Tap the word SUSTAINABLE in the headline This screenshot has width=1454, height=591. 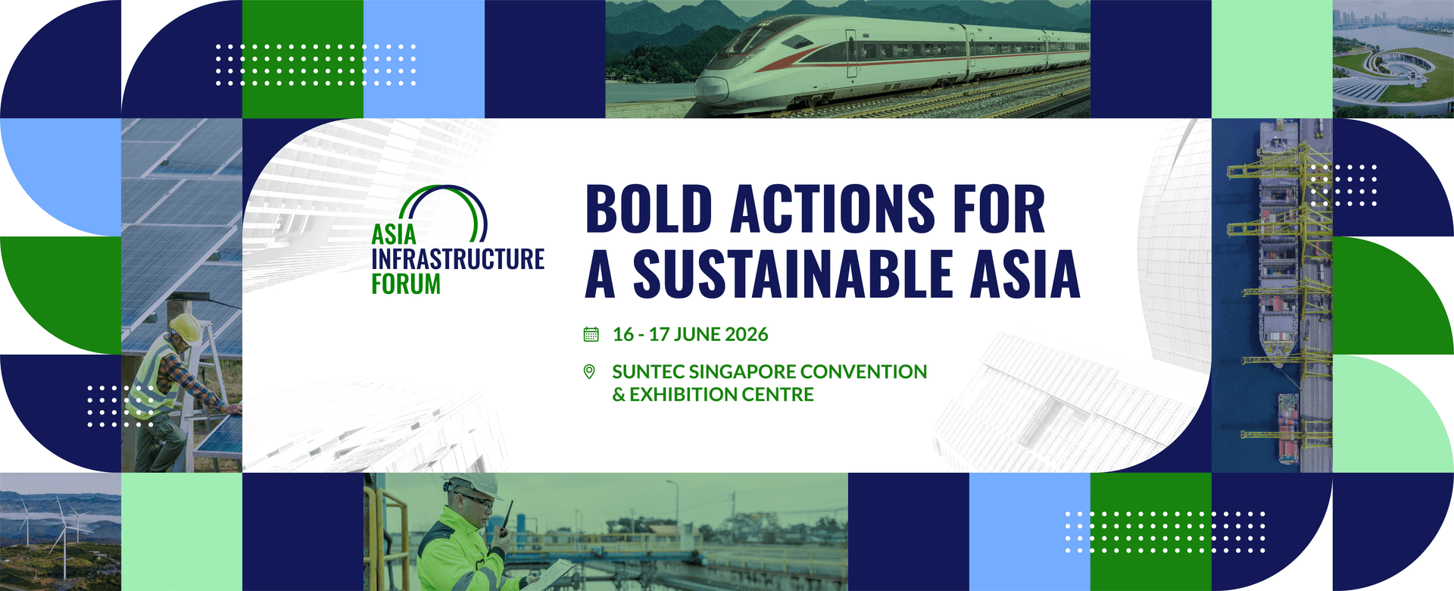click(x=792, y=274)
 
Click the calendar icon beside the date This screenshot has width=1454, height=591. click(x=591, y=334)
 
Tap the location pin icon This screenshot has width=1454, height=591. click(x=589, y=371)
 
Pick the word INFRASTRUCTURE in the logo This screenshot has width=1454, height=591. click(x=457, y=259)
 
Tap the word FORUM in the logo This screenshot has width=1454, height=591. click(x=406, y=285)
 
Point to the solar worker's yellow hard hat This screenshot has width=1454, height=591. click(x=185, y=327)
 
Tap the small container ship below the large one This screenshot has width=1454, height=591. click(x=1287, y=428)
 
